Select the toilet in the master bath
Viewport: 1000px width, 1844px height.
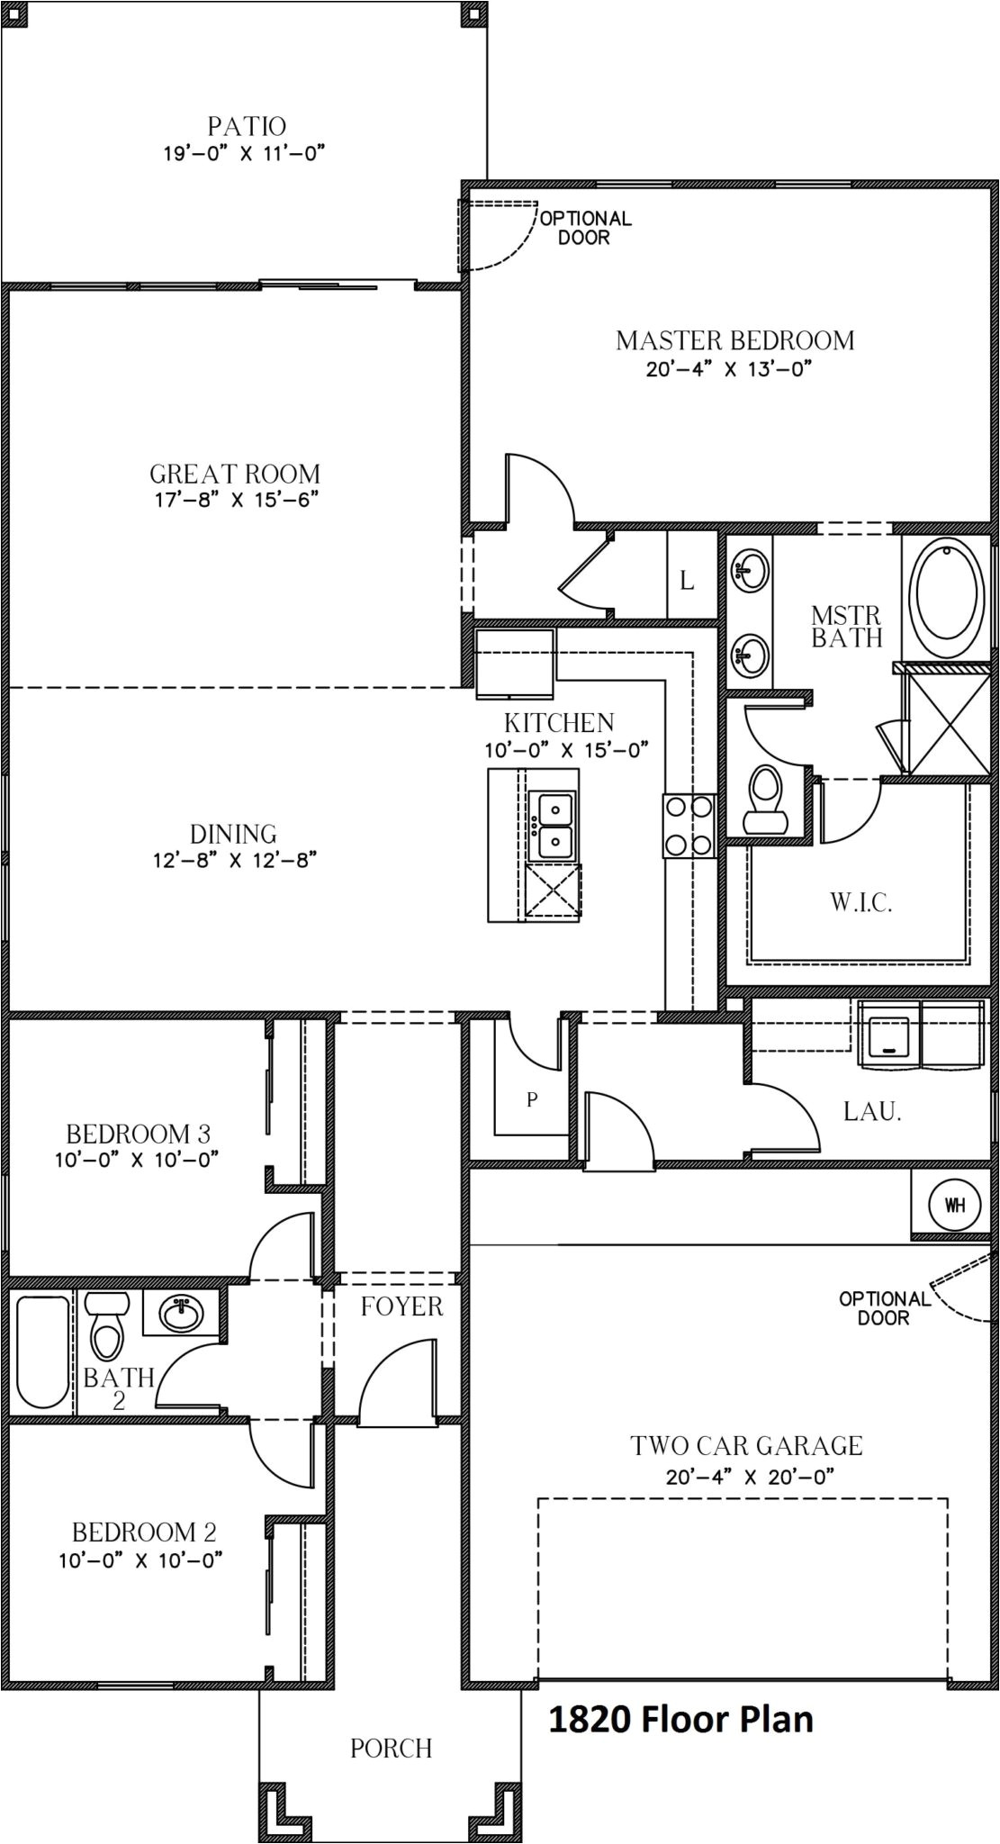click(765, 797)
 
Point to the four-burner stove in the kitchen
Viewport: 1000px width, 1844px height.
click(689, 825)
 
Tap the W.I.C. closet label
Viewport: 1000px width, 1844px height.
click(860, 903)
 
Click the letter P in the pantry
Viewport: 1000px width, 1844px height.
click(532, 1099)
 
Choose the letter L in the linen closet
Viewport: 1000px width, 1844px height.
click(687, 582)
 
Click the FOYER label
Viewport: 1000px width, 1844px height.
click(401, 1306)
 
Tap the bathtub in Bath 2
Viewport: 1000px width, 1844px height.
click(41, 1351)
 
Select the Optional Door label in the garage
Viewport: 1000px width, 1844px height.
click(884, 1308)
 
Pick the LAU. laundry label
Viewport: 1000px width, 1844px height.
click(872, 1111)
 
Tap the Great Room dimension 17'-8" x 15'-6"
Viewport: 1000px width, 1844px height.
click(236, 500)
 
